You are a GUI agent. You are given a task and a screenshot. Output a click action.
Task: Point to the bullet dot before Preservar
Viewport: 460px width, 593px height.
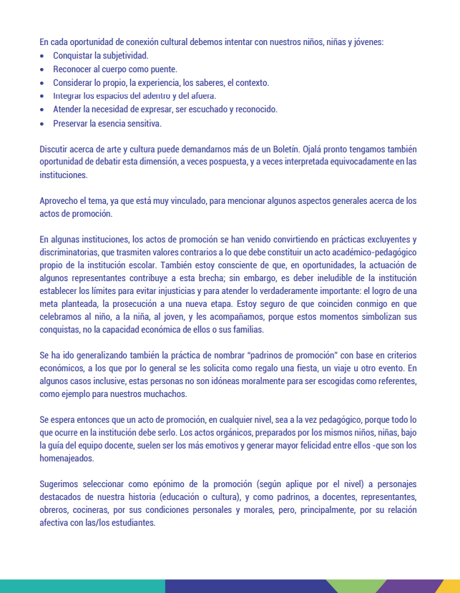coord(44,124)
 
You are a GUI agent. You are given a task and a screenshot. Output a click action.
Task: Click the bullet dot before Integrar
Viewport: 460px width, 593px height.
coord(44,97)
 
